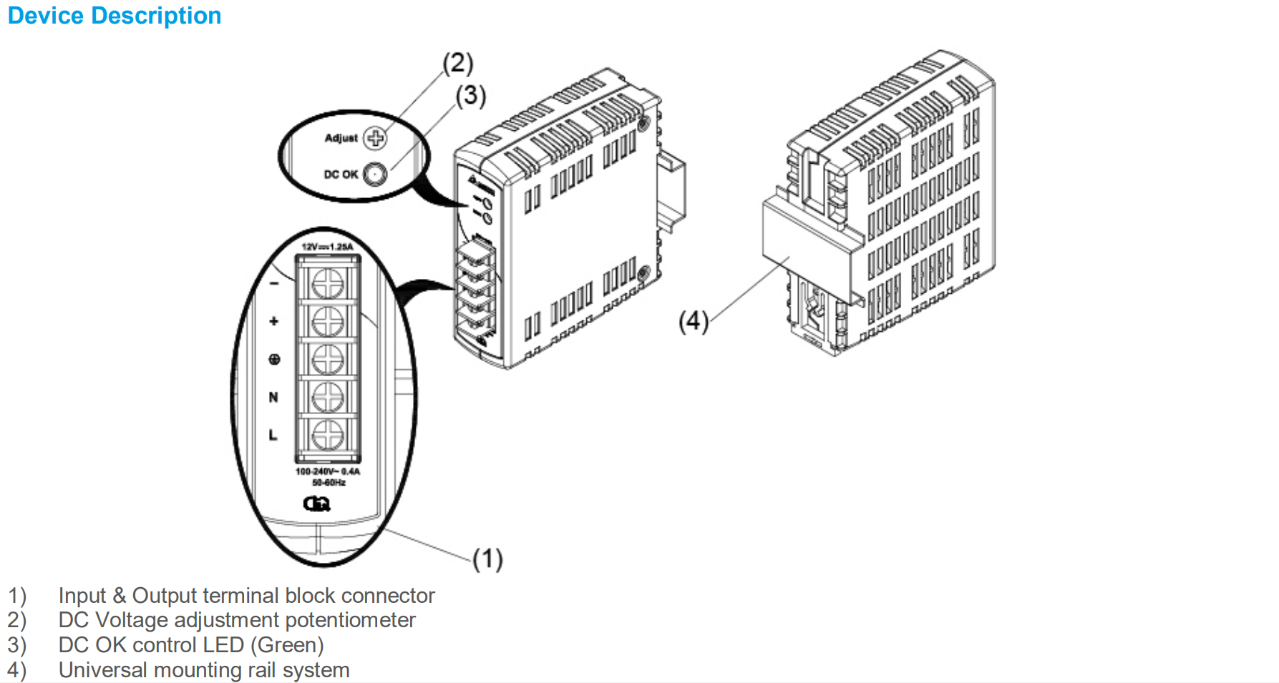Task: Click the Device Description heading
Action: click(115, 16)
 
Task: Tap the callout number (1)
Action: click(487, 559)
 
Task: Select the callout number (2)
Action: click(458, 64)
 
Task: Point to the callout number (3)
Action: click(471, 95)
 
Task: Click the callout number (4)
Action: click(694, 321)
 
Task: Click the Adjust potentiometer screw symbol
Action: click(375, 138)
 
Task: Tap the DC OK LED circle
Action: click(375, 174)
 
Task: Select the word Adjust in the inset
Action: click(341, 138)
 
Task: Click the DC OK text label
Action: click(341, 175)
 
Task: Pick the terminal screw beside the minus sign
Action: click(328, 283)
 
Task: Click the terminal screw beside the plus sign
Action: click(328, 321)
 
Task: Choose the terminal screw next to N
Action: click(328, 397)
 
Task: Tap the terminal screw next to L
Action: click(328, 434)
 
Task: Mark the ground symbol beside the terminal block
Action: click(274, 359)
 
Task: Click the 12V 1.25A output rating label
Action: click(327, 247)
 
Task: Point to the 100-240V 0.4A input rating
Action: click(328, 472)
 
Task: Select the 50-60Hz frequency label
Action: click(329, 483)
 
